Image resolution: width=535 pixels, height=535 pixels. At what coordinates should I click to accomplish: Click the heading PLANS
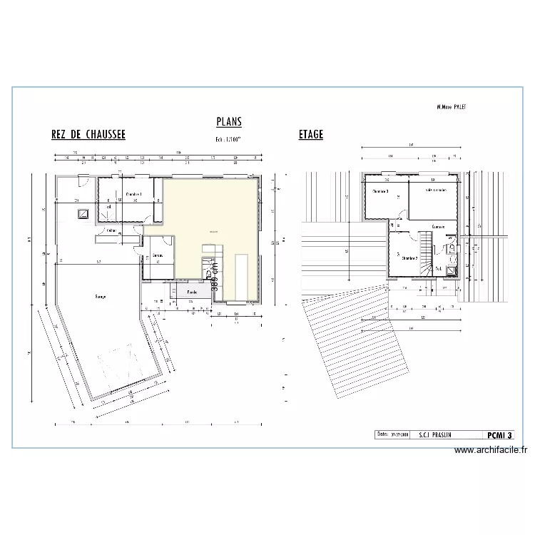click(x=228, y=123)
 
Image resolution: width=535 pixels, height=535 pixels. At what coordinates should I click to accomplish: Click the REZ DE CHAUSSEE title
click(x=88, y=134)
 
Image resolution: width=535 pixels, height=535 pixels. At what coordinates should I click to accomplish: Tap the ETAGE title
click(x=311, y=134)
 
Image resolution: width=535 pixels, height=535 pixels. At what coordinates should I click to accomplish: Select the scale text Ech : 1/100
click(x=229, y=140)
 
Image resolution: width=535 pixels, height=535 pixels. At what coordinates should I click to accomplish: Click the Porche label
click(x=192, y=292)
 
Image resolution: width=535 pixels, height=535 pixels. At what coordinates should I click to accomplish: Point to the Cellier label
click(x=112, y=230)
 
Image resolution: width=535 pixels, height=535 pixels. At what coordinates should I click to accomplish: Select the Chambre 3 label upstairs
click(x=380, y=191)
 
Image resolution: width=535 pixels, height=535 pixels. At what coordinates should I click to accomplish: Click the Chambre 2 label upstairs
click(x=409, y=258)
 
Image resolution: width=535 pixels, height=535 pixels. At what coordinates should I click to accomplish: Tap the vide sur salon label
click(x=436, y=190)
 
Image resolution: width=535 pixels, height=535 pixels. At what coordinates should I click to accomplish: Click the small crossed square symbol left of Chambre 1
click(x=83, y=213)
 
